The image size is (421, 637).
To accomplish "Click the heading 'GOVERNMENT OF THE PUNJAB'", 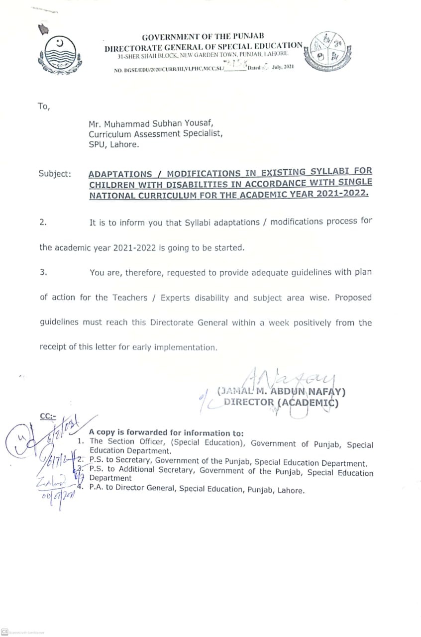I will point(203,37).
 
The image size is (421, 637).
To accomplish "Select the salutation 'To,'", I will point(44,106).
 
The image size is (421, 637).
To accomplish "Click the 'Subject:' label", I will point(54,174).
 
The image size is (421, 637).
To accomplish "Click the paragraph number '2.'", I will point(43,222).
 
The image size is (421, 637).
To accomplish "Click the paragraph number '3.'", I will point(43,272).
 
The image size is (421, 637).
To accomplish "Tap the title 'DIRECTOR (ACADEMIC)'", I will point(281,403).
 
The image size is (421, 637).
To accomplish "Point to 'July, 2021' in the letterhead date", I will point(283,67).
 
